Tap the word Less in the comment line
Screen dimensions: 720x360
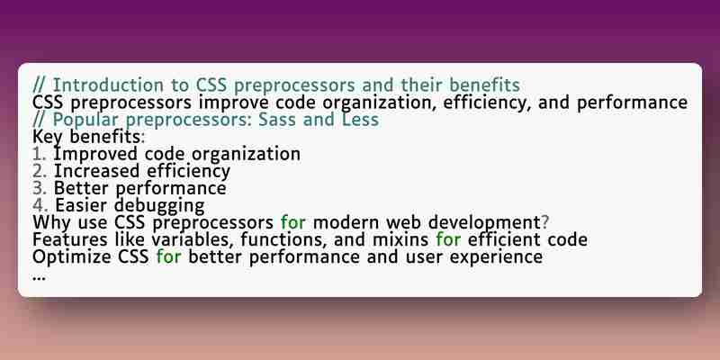coord(360,120)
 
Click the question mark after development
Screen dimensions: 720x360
coord(544,222)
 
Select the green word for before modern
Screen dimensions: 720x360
coord(293,222)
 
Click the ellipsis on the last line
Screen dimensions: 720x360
coord(39,278)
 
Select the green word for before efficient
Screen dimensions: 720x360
coord(448,239)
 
